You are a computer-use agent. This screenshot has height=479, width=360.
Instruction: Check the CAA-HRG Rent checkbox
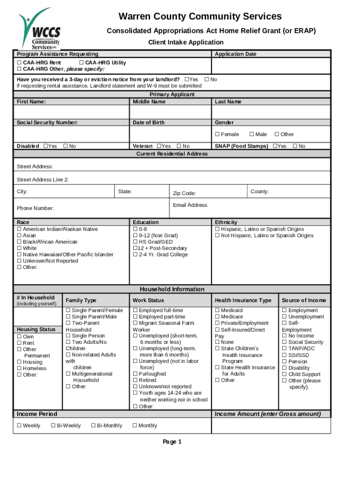[x=19, y=63]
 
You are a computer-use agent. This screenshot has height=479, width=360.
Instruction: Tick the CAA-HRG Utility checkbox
[x=81, y=63]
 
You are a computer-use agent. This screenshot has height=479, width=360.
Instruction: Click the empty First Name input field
[x=71, y=112]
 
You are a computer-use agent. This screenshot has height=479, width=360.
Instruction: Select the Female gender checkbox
[x=217, y=135]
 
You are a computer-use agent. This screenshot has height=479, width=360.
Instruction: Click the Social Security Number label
[x=47, y=123]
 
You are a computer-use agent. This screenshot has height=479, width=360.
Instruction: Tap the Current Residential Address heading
[x=172, y=153]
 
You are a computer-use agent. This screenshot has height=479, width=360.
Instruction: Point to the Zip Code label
[x=184, y=194]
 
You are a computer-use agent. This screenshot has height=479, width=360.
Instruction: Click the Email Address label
[x=190, y=205]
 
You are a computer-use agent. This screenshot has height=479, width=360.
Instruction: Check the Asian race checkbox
[x=19, y=236]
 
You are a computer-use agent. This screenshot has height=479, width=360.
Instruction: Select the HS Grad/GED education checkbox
[x=135, y=242]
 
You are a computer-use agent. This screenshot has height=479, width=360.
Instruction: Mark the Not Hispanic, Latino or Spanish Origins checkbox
[x=217, y=236]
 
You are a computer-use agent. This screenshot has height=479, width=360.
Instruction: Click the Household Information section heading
[x=172, y=289]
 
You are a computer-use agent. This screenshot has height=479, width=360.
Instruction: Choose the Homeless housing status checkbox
[x=19, y=368]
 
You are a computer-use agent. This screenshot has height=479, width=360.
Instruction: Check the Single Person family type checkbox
[x=68, y=336]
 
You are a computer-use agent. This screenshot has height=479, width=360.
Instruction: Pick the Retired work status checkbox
[x=135, y=380]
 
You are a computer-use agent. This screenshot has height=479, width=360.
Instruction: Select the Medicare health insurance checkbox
[x=217, y=317]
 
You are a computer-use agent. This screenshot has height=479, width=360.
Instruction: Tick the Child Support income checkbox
[x=284, y=374]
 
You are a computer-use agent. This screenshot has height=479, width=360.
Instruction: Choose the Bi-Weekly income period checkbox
[x=53, y=426]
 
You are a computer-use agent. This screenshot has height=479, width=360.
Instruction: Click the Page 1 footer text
[x=172, y=442]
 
